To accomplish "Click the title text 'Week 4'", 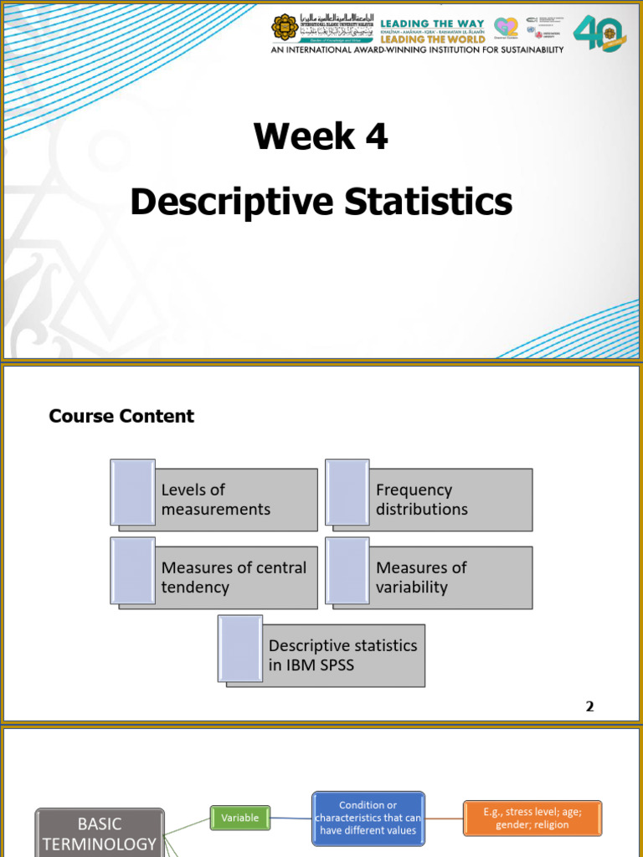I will click(x=321, y=136).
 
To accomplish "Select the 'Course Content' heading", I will click(x=121, y=416).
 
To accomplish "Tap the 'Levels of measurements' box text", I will click(x=216, y=500).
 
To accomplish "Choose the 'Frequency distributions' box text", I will click(x=422, y=500).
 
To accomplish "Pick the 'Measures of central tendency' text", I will click(x=234, y=577).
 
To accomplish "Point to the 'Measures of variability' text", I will click(x=421, y=577).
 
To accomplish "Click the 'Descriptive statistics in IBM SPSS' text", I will click(x=342, y=655).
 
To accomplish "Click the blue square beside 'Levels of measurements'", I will click(x=133, y=492).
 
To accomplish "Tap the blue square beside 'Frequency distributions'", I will click(x=347, y=492).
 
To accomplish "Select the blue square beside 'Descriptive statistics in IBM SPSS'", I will click(x=240, y=648).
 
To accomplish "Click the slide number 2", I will click(x=589, y=706).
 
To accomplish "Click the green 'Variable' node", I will click(x=240, y=818).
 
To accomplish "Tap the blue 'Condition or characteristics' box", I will click(x=368, y=818).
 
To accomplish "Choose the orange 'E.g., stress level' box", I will click(x=532, y=818).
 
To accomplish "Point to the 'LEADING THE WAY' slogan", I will click(x=432, y=23).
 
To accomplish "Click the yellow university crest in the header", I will click(x=285, y=28).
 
